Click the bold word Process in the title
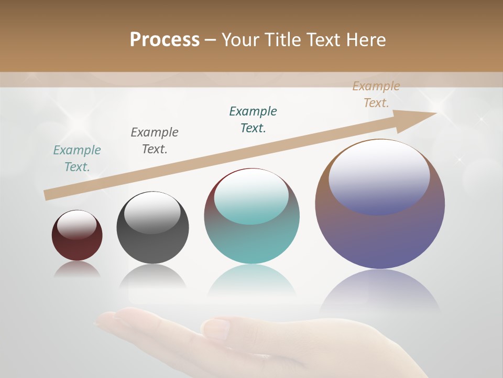[165, 40]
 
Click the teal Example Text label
[77, 158]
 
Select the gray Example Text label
[155, 140]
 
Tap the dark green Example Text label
[253, 119]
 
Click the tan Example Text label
[376, 94]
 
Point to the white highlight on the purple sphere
[379, 176]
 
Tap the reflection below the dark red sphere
[77, 269]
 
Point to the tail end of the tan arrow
[47, 195]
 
